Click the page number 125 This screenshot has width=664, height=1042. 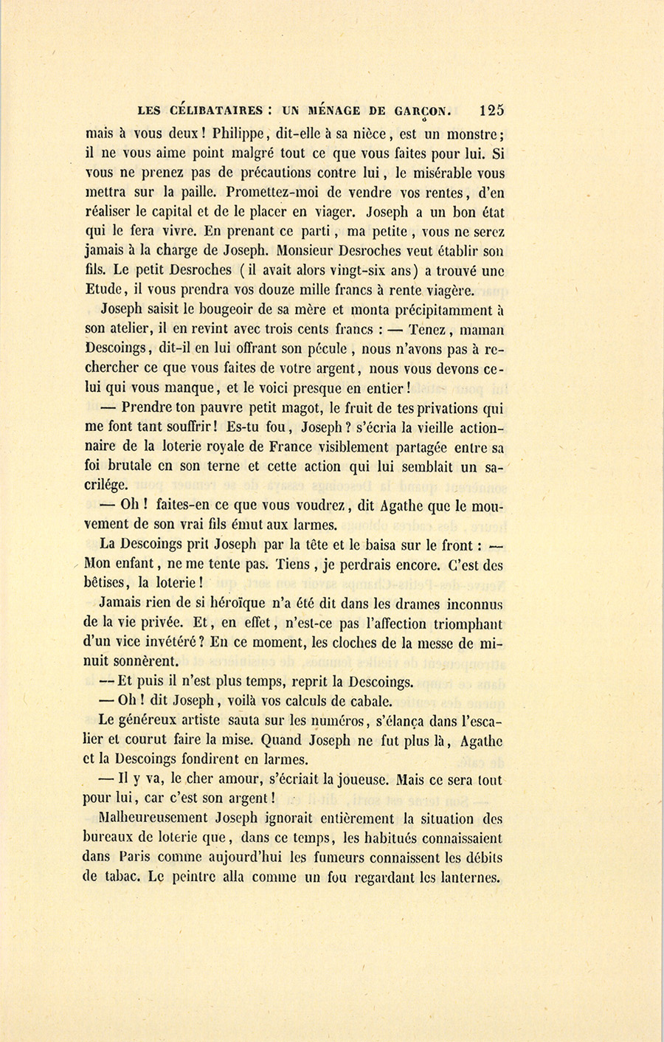[491, 111]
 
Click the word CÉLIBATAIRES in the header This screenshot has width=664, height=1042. [216, 111]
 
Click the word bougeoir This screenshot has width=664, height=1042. [216, 310]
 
